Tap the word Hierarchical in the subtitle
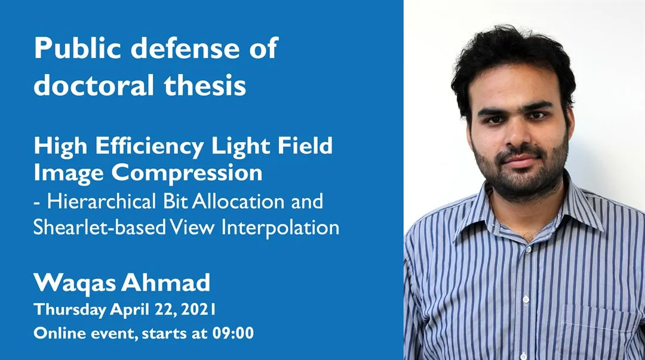[102, 201]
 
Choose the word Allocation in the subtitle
[239, 201]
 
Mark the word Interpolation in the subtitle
[289, 227]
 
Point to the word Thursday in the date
[70, 310]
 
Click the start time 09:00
[234, 333]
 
